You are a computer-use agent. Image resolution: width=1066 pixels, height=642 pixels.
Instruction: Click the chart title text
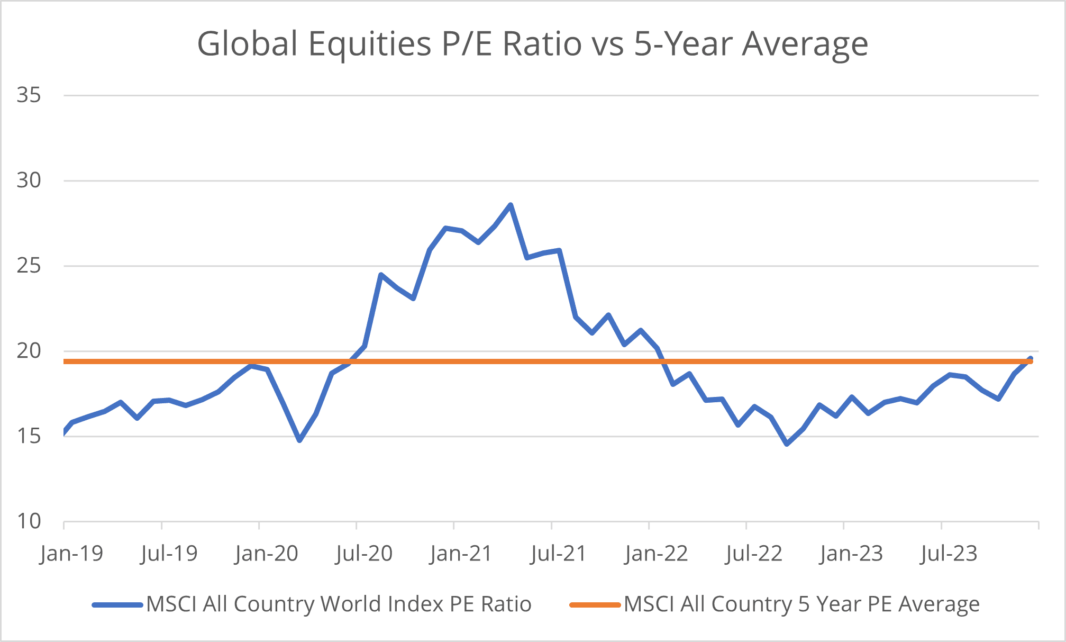tap(532, 43)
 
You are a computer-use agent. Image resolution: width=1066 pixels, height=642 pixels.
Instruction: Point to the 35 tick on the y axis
tap(29, 95)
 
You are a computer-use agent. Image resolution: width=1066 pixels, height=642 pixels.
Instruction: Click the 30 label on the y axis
tap(29, 180)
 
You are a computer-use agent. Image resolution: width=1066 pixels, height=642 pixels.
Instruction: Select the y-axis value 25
tap(29, 266)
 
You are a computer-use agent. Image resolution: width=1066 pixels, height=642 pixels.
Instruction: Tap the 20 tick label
tap(29, 351)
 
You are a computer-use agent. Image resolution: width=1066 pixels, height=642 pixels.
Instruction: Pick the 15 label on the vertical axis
tap(29, 437)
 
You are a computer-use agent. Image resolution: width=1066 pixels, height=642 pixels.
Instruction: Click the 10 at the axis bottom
tap(29, 521)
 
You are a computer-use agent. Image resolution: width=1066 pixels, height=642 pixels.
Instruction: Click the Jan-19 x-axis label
tap(71, 554)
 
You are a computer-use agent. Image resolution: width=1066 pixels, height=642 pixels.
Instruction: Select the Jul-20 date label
tap(364, 554)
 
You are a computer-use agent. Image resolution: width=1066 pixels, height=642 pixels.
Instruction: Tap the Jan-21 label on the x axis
tap(461, 554)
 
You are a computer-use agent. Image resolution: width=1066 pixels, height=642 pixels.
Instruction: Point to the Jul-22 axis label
tap(754, 554)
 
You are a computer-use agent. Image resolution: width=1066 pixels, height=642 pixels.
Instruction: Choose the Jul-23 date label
tap(949, 554)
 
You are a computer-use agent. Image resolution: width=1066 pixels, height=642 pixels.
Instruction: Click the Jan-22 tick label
tap(656, 554)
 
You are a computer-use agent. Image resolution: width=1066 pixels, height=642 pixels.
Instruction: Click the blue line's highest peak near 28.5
tap(510, 205)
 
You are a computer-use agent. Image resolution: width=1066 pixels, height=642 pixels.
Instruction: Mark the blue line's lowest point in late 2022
tap(787, 444)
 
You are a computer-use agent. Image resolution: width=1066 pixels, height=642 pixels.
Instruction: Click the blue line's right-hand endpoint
tap(1031, 359)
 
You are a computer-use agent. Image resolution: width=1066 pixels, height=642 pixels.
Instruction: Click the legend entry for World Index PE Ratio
tap(339, 604)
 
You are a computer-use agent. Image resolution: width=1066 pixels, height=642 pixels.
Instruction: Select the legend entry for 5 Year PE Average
tap(801, 604)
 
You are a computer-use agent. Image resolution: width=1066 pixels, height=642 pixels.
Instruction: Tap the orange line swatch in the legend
tap(595, 604)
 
